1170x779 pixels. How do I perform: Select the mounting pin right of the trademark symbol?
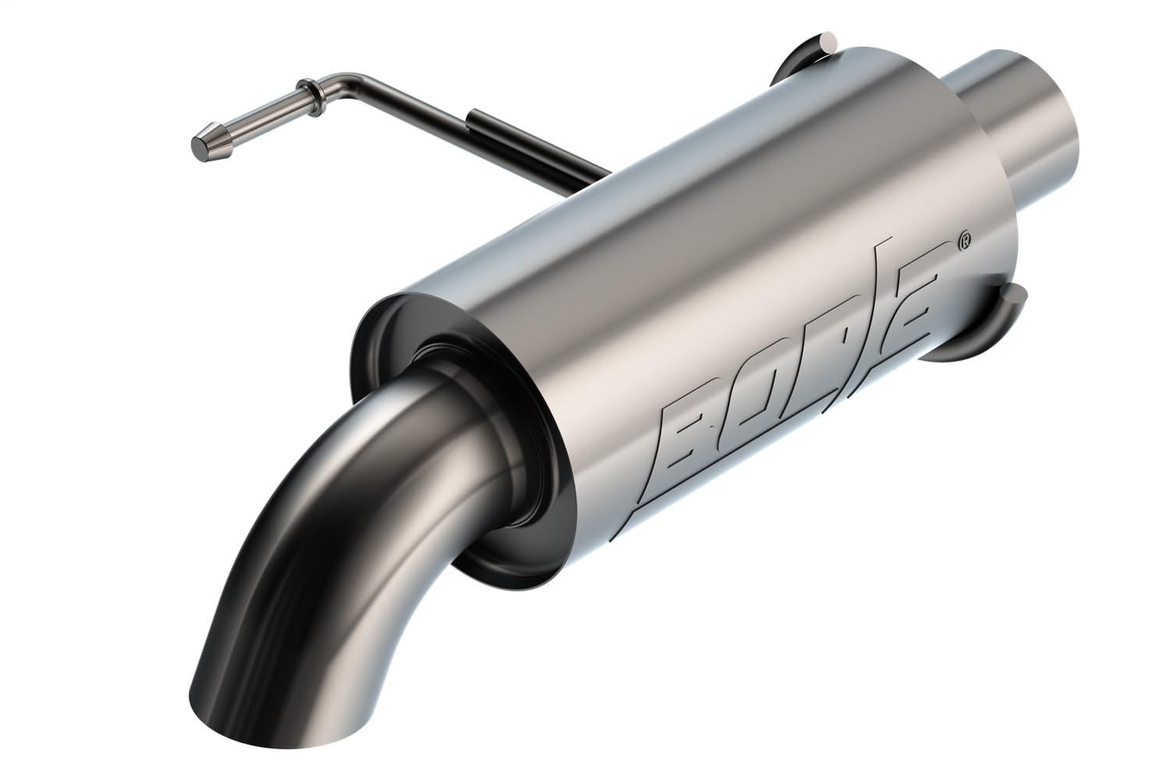tap(1013, 296)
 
